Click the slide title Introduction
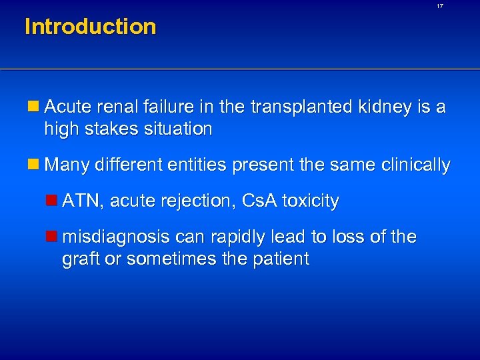90,27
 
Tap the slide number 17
439,6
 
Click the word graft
80,259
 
